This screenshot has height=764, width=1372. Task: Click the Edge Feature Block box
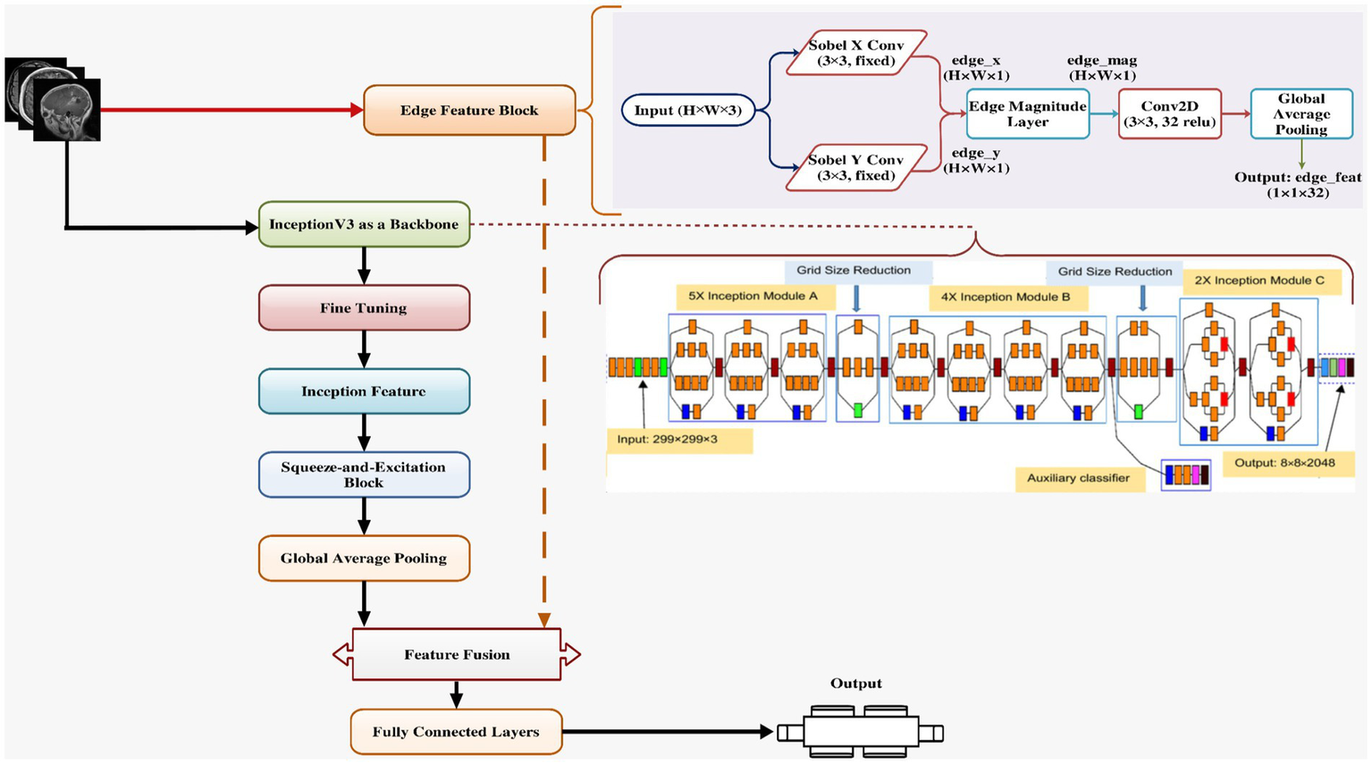[469, 111]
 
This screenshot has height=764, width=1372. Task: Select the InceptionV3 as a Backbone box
[364, 224]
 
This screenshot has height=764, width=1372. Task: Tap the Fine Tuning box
[364, 308]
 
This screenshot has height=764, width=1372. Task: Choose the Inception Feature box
[364, 391]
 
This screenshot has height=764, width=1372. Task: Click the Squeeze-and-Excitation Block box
[364, 474]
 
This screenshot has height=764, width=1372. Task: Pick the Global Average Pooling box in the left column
[364, 558]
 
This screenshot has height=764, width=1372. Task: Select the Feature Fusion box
[457, 655]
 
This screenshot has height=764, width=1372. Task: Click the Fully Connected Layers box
[456, 732]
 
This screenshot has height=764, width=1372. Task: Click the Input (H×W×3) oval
[687, 111]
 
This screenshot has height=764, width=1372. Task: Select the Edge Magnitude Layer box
[1028, 113]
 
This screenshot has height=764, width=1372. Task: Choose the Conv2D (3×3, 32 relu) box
[1169, 113]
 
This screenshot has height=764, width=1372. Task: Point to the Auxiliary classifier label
[1078, 478]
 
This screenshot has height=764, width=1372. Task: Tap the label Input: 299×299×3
[679, 440]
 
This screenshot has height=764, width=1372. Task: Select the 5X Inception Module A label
[753, 296]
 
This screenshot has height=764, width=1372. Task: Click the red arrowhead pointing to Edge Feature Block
[357, 111]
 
